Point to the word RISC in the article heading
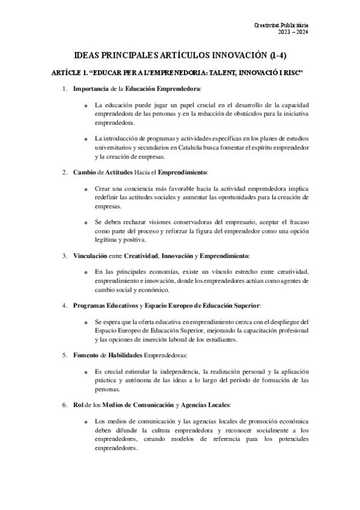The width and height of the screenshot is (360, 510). [x=289, y=73]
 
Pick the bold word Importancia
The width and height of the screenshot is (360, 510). [x=91, y=90]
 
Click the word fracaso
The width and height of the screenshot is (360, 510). [x=295, y=221]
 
